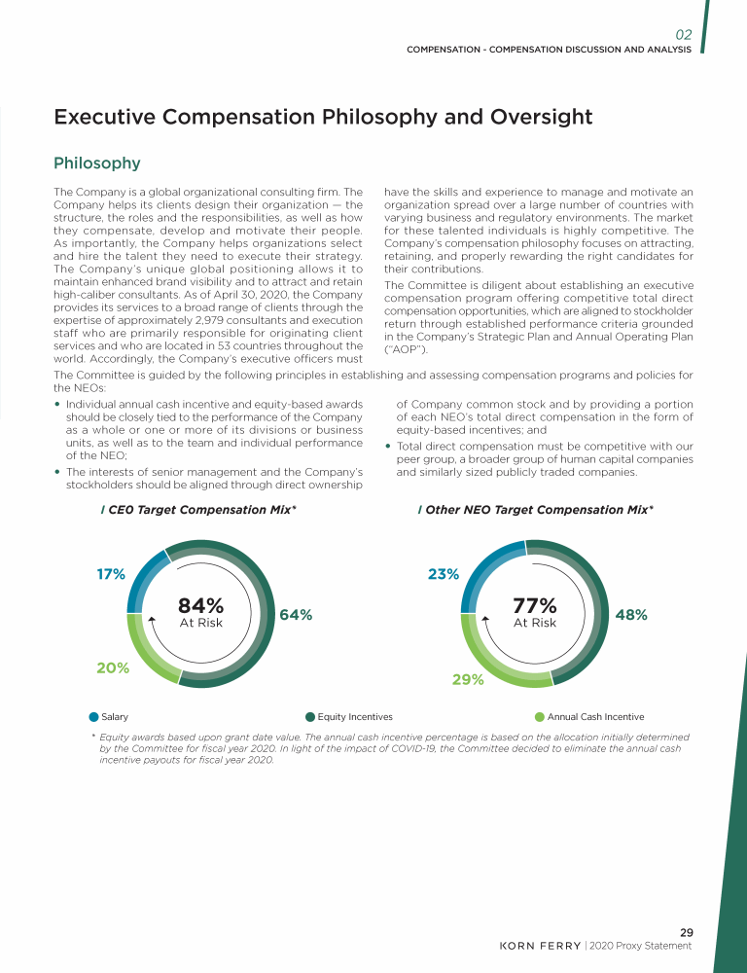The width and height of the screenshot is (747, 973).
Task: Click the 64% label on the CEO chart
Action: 296,615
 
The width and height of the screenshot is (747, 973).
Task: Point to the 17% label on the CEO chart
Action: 110,574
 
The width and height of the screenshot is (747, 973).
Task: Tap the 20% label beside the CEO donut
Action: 113,667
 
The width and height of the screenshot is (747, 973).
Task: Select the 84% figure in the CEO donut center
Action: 200,605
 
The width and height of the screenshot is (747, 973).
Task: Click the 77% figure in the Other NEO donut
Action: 534,605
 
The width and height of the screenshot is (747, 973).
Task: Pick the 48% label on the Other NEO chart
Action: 631,615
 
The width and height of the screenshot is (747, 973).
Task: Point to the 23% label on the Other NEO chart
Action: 444,574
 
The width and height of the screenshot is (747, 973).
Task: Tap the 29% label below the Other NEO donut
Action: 468,680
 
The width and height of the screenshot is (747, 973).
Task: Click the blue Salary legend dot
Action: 94,717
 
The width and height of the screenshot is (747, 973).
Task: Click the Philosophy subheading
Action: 97,162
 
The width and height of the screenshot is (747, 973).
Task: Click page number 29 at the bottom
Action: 686,933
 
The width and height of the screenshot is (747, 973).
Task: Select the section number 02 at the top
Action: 683,34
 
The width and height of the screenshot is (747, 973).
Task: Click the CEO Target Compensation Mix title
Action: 201,510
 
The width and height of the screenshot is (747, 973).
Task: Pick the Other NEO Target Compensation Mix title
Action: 539,510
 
